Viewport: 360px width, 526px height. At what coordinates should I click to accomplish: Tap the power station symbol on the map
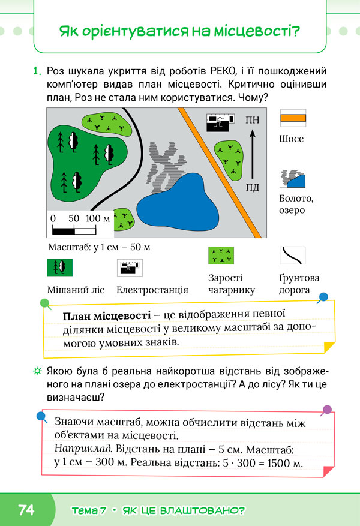tap(220, 122)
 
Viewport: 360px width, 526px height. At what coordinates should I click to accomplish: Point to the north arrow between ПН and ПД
tap(253, 154)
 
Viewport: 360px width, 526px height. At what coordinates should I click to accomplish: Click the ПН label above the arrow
tap(253, 120)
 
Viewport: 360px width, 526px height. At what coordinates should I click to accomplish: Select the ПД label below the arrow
tap(253, 187)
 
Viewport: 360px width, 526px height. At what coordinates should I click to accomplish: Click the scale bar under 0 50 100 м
tap(74, 231)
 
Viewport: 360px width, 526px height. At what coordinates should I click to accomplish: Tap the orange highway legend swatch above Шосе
tap(293, 118)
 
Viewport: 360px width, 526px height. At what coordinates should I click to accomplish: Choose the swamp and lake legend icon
tap(293, 179)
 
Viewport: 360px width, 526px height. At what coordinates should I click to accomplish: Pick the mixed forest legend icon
tap(60, 267)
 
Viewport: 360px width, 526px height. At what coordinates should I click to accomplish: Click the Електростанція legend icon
tap(130, 267)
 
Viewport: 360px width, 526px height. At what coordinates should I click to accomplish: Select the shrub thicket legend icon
tap(221, 256)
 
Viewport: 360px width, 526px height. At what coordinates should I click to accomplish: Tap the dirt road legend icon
tap(293, 256)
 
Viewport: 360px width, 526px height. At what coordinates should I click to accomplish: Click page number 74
tap(26, 510)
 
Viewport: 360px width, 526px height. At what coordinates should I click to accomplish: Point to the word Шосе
tap(291, 139)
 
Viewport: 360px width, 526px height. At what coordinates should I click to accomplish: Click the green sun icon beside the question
tap(37, 371)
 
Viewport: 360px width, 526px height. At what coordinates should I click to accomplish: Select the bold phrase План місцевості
tap(107, 316)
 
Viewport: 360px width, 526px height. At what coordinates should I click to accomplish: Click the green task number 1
tap(37, 71)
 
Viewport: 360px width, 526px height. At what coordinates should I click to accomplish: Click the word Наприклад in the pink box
tap(83, 449)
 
